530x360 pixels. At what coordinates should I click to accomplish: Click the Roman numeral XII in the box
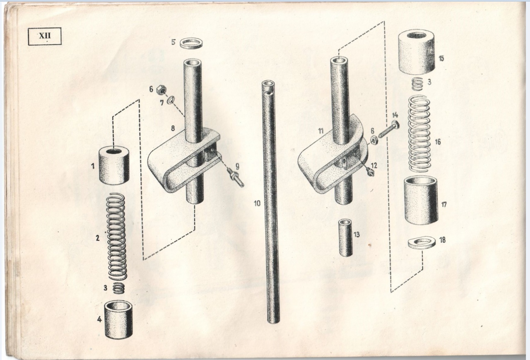(x=44, y=36)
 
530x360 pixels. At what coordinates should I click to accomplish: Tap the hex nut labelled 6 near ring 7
(x=161, y=89)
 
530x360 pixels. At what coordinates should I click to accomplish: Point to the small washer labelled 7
(x=171, y=100)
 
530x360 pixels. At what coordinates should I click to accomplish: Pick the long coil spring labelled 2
(x=116, y=236)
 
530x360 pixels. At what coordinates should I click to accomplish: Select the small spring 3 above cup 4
(x=118, y=288)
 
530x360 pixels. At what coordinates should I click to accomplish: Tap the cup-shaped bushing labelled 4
(x=118, y=319)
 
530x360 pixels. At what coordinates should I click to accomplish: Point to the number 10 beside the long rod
(x=257, y=203)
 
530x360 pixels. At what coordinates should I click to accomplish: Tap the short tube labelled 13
(x=345, y=237)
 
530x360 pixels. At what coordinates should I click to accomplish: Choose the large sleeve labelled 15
(x=417, y=51)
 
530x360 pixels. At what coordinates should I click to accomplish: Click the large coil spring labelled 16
(x=419, y=134)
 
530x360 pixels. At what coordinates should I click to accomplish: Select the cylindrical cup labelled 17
(x=421, y=201)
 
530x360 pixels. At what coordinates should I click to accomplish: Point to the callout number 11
(x=320, y=131)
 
